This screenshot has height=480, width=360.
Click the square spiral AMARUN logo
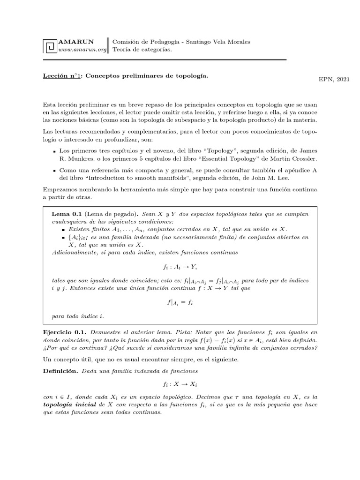[x=49, y=46]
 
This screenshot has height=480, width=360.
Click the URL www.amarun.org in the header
[x=82, y=50]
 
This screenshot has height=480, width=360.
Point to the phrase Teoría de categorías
[x=142, y=50]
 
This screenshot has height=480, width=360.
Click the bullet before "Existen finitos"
[x=63, y=229]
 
